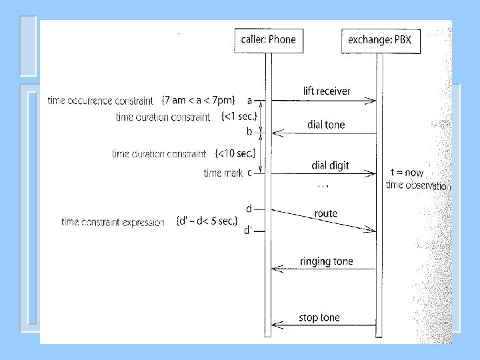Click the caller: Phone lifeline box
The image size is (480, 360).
pyautogui.click(x=265, y=40)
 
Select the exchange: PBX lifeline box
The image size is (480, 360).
pyautogui.click(x=381, y=40)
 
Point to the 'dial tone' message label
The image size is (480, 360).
pyautogui.click(x=326, y=125)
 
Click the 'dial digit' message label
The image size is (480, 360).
pyautogui.click(x=330, y=165)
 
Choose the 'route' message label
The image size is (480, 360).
pyautogui.click(x=326, y=213)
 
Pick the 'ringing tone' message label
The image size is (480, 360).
pyautogui.click(x=326, y=261)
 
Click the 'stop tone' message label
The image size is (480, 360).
pyautogui.click(x=319, y=317)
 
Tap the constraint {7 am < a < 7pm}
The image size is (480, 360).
pyautogui.click(x=198, y=101)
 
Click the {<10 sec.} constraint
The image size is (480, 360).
pyautogui.click(x=235, y=154)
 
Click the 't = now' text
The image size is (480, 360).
pyautogui.click(x=407, y=173)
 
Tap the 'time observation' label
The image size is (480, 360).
pyautogui.click(x=418, y=186)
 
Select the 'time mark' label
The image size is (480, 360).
pyautogui.click(x=223, y=173)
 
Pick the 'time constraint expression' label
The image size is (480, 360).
pyautogui.click(x=112, y=222)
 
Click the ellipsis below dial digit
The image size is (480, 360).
pyautogui.click(x=323, y=185)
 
